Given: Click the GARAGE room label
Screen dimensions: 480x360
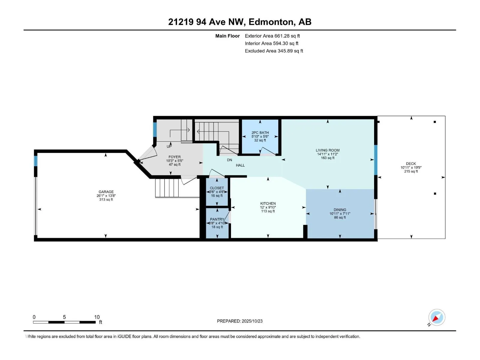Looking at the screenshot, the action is coord(106,192).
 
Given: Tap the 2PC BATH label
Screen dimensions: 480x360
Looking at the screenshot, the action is coord(260,133).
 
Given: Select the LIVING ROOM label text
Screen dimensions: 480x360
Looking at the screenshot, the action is coord(328,150).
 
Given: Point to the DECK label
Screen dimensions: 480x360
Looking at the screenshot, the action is coord(411,163).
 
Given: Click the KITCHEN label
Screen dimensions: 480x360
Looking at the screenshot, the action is coord(268,203).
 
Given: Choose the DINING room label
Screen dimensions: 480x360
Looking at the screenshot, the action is coord(340,210).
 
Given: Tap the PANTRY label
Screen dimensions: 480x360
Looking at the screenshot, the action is coord(217,219).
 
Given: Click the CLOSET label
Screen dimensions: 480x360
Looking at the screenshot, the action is coord(217,188).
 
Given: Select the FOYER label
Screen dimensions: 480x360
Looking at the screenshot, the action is coord(175,157).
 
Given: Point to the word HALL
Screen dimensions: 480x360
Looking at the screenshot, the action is coord(240,165).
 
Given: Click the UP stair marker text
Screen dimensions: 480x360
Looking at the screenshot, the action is coord(169,146).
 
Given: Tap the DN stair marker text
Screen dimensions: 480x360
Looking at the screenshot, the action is coord(229,160).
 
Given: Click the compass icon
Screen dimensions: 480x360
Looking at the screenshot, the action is coord(436,317).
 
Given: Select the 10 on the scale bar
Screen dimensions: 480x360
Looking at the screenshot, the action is coord(97,317).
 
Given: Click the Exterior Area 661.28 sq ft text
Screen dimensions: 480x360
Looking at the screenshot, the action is coord(272,36).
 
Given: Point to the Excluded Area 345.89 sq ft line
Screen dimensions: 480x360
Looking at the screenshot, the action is coord(274,51).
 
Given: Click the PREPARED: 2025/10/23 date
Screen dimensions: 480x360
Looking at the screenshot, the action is coord(240,321).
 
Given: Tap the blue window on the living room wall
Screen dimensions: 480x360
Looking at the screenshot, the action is coord(376,160).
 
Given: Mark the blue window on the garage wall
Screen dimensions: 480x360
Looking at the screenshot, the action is coord(36,161).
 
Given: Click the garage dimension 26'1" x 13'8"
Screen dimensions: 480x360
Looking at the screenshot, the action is coord(106,196).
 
